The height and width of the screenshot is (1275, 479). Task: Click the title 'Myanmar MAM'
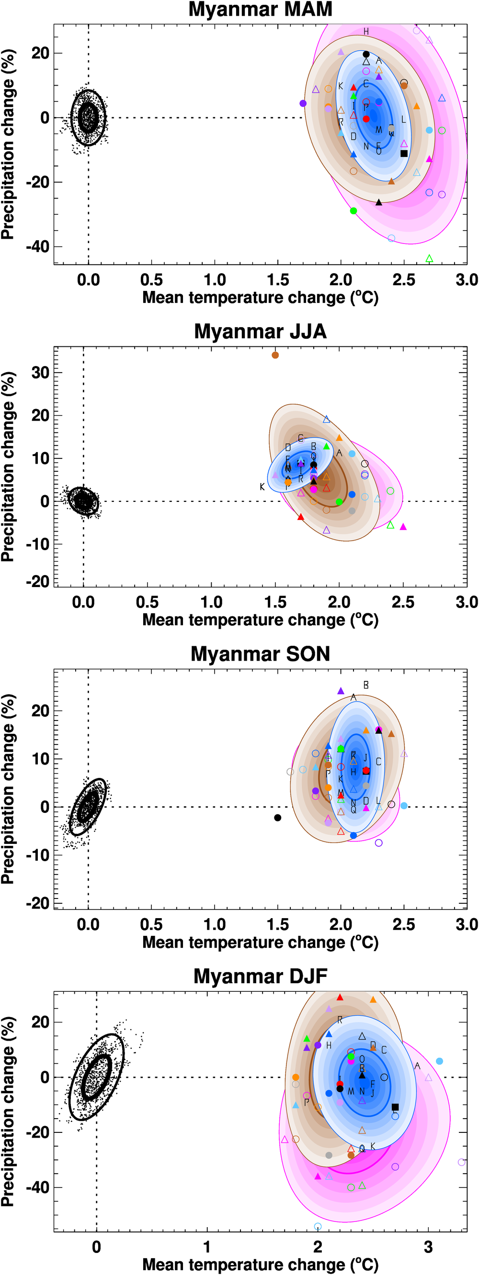[x=260, y=10]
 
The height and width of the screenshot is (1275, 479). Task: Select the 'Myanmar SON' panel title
[x=260, y=654]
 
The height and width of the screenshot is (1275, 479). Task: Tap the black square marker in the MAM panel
[x=404, y=154]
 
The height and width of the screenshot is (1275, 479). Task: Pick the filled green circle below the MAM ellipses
[x=353, y=211]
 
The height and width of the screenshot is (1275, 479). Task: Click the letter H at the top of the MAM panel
[x=366, y=32]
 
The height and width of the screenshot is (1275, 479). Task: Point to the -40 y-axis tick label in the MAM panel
[x=38, y=246]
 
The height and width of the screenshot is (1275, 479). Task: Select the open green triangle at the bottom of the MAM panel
[x=430, y=258]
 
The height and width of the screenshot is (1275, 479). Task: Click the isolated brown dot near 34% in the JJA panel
[x=275, y=355]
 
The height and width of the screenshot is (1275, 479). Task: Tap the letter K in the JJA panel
[x=262, y=487]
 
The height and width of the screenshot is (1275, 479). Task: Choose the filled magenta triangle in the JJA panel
[x=403, y=527]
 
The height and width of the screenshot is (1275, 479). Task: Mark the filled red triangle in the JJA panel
[x=301, y=517]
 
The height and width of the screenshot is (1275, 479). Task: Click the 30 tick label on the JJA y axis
[x=40, y=373]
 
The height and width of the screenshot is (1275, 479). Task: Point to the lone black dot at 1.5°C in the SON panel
[x=278, y=818]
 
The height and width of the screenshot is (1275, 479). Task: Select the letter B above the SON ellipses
[x=366, y=686]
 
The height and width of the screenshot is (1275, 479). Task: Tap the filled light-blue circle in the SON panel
[x=404, y=806]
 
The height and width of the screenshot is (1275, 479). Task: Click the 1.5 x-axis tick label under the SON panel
[x=278, y=924]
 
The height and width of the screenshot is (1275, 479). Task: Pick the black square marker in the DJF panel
[x=395, y=1107]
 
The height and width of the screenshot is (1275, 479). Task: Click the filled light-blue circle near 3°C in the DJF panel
[x=439, y=1061]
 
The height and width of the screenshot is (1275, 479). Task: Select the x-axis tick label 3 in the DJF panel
[x=429, y=1247]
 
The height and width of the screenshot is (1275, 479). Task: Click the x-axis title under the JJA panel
[x=260, y=620]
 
